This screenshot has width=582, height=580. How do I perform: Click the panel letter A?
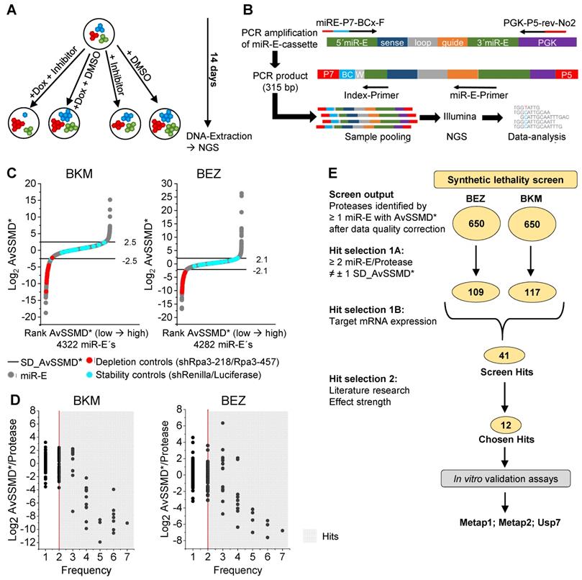[10, 9]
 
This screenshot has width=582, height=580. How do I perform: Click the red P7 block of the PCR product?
[329, 74]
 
